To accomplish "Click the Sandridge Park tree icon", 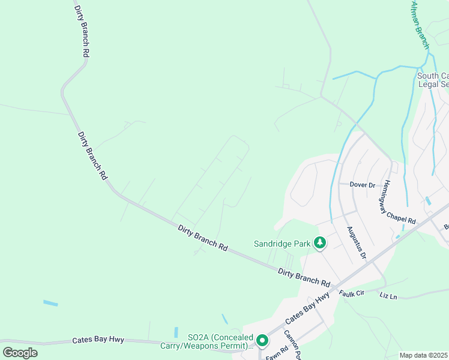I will click(x=321, y=243).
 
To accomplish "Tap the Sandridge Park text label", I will click(x=282, y=244).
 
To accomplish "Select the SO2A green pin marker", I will click(x=262, y=341).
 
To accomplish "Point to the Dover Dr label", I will click(x=363, y=185).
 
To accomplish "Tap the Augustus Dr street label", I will click(x=356, y=242).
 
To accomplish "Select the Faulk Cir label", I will click(x=352, y=293).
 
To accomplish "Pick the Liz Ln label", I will click(x=388, y=296).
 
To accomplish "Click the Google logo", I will click(x=20, y=353).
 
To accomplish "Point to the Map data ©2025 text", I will click(x=423, y=355).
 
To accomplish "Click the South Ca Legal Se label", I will click(x=433, y=80).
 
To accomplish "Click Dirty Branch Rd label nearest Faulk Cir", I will click(x=304, y=277).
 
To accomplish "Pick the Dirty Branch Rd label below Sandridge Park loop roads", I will click(x=203, y=237).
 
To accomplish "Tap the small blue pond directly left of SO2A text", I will click(x=176, y=332).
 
